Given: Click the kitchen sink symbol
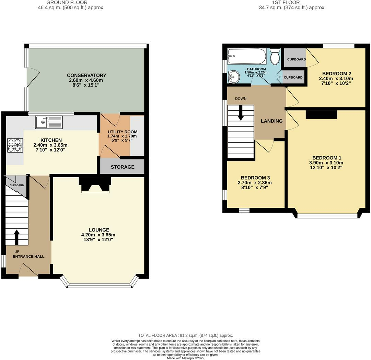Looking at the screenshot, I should [49, 122].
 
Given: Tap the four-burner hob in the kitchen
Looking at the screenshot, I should [15, 145].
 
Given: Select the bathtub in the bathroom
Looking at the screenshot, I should [247, 56].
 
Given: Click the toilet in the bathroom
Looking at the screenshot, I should [275, 57].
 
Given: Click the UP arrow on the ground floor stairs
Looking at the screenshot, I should [16, 236].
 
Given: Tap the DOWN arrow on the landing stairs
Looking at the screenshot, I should [241, 112].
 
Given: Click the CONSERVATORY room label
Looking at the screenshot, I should [86, 75].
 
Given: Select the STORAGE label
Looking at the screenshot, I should [123, 167].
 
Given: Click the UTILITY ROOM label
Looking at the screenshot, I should [122, 132].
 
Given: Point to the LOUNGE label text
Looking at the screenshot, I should [99, 230].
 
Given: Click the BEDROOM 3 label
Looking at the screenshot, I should [254, 178].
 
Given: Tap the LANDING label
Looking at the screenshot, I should [271, 121].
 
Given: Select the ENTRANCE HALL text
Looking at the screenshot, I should [28, 256].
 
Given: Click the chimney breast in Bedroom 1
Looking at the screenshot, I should [321, 114].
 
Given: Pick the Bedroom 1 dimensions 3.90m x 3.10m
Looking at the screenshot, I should [326, 163].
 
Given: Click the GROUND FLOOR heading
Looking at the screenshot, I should [71, 2].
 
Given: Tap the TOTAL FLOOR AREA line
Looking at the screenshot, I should [185, 335].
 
